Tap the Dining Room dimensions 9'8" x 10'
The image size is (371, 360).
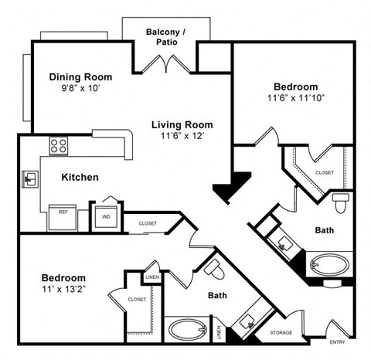coord(80,90)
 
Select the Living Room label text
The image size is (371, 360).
coord(182,124)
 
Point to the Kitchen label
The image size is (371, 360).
coord(80,177)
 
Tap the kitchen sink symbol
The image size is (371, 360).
coord(31,179)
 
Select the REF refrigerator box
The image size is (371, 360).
coord(62,216)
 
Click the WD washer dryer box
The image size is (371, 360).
coord(104,216)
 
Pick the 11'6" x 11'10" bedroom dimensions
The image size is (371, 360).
coord(295,99)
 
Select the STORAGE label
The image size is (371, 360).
coord(281,334)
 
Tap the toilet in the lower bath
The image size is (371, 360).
coord(216,270)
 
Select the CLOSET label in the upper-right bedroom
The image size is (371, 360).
coord(325,172)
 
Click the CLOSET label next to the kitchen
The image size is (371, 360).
coord(148,223)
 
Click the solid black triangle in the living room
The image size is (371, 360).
coord(230,186)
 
